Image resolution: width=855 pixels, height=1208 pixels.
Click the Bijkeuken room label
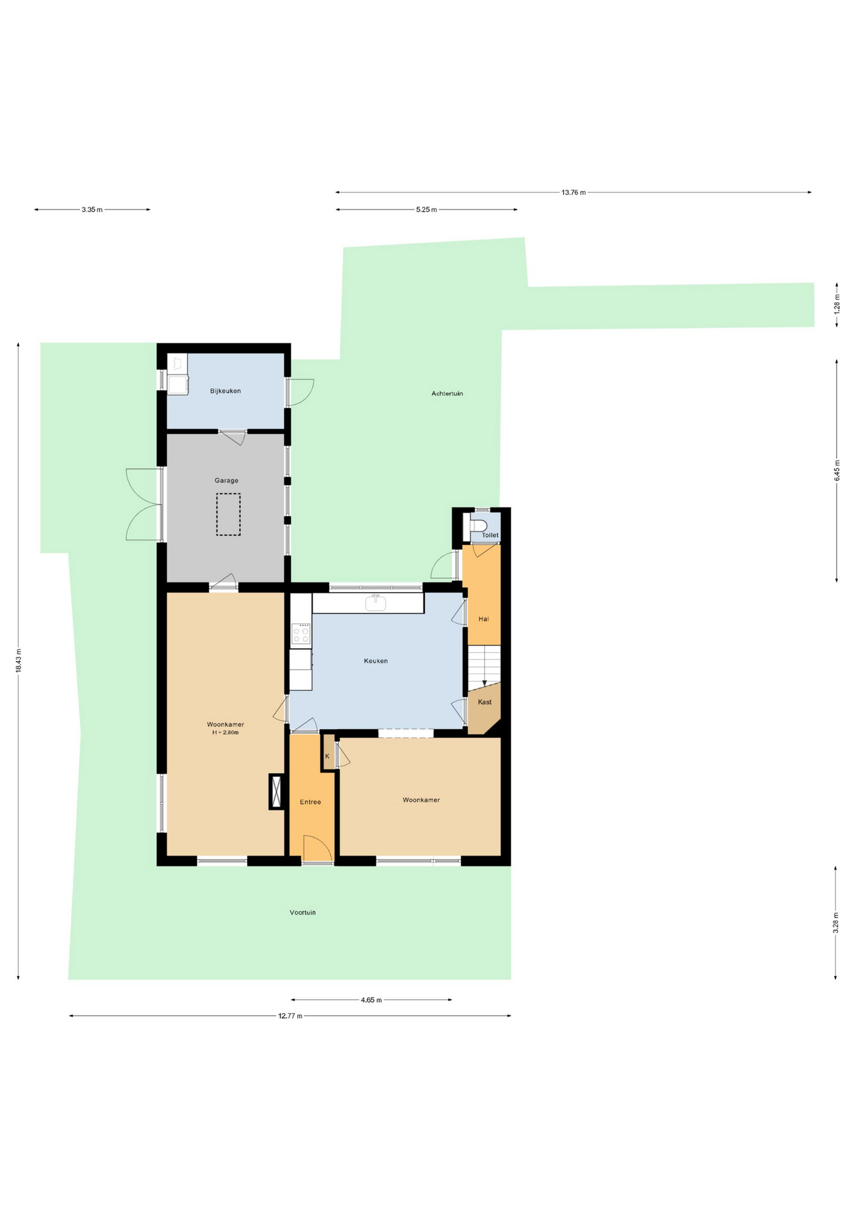[x=225, y=391]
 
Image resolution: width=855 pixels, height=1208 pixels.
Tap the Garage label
[x=227, y=481]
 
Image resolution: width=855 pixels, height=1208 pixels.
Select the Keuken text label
[x=376, y=661]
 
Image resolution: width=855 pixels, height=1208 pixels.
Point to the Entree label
[x=310, y=802]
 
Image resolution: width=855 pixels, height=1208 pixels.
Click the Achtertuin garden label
[x=447, y=394]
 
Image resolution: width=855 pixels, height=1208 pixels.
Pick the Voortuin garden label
[x=303, y=912]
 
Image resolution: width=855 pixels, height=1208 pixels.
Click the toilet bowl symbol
[x=478, y=526]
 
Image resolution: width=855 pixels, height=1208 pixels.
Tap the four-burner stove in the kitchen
[x=301, y=634]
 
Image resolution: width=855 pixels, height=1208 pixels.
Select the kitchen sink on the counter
[x=376, y=603]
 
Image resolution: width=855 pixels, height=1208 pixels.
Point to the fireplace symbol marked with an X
[x=276, y=791]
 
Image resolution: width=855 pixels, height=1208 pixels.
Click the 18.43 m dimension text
[x=18, y=661]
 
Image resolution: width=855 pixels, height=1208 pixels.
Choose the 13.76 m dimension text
[x=574, y=193]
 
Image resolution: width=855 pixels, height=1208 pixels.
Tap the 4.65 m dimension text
[x=371, y=1000]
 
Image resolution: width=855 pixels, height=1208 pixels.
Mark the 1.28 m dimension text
[x=837, y=305]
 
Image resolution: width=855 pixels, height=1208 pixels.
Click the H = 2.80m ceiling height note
[x=225, y=732]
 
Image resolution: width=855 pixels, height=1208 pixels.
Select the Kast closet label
[x=485, y=702]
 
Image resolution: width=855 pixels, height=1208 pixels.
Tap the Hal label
[x=484, y=619]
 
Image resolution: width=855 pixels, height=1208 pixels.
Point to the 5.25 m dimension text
[x=426, y=210]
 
